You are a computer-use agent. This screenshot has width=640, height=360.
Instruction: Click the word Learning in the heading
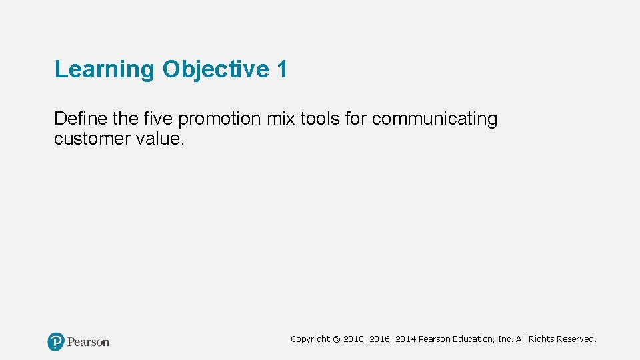[104, 69]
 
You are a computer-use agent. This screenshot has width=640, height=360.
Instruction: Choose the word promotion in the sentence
[220, 119]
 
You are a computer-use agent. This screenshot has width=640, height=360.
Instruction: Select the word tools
[321, 119]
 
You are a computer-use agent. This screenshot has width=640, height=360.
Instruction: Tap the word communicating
[435, 119]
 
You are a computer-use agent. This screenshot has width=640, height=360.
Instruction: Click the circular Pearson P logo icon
[56, 342]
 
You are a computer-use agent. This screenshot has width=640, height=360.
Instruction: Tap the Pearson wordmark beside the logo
[89, 342]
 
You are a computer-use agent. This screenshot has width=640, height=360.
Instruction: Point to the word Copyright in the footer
[310, 339]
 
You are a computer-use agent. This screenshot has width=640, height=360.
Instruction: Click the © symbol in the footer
[337, 339]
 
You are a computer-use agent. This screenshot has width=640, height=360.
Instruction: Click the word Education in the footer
[473, 339]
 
